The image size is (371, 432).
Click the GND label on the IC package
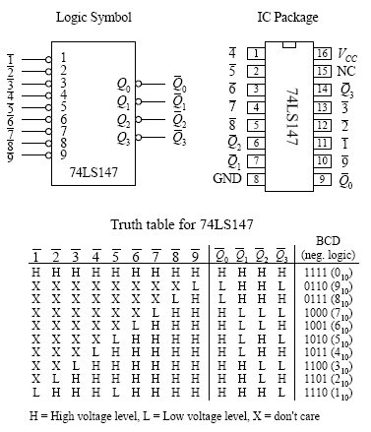tap(226, 178)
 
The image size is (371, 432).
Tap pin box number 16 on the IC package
tap(321, 53)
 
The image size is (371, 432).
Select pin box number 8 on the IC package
tap(253, 178)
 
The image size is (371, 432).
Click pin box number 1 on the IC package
tap(253, 53)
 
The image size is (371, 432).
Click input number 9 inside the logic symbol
tap(63, 153)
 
